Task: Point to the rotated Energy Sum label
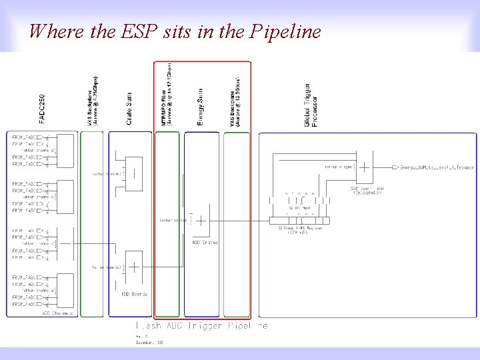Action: pos(201,107)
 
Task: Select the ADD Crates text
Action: pos(205,243)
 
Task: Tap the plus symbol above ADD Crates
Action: pos(201,221)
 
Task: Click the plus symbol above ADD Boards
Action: pos(133,268)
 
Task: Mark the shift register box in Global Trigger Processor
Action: pos(299,221)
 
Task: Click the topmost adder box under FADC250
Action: pos(65,149)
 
